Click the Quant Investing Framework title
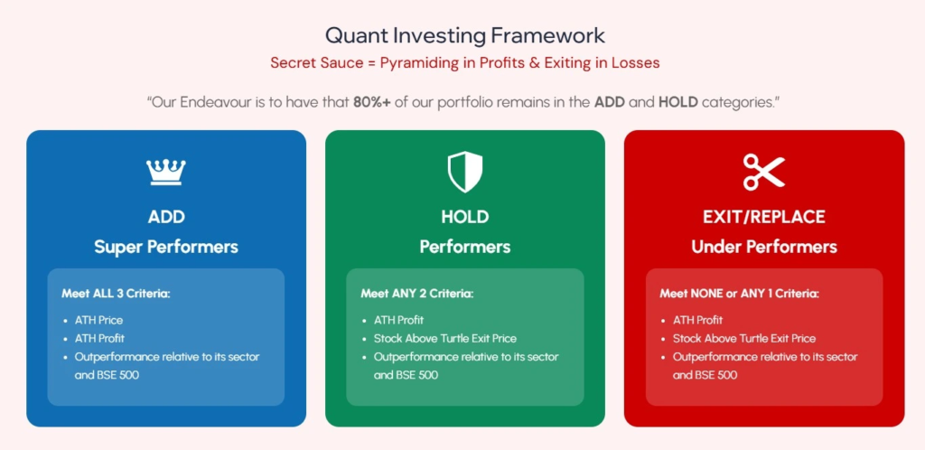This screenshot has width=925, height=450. pyautogui.click(x=465, y=36)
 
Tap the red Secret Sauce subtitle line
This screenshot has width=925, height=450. pyautogui.click(x=465, y=62)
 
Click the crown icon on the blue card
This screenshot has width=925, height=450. pyautogui.click(x=166, y=172)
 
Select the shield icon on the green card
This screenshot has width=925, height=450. pyautogui.click(x=465, y=172)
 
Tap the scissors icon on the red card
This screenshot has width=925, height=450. pyautogui.click(x=764, y=172)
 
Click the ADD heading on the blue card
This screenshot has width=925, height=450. pyautogui.click(x=166, y=217)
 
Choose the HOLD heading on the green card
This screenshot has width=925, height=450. pyautogui.click(x=465, y=217)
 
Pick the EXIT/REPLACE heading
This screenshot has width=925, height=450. pyautogui.click(x=764, y=217)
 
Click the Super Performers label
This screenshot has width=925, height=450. pyautogui.click(x=166, y=247)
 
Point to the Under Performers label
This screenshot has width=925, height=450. pyautogui.click(x=764, y=247)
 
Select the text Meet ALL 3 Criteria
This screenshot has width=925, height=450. pyautogui.click(x=116, y=293)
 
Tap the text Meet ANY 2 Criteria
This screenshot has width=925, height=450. pyautogui.click(x=417, y=293)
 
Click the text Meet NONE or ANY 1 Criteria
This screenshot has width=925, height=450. pyautogui.click(x=739, y=293)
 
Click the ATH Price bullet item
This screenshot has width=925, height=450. pyautogui.click(x=98, y=320)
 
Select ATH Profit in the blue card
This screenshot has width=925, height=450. pyautogui.click(x=99, y=339)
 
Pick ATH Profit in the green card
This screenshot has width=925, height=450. pyautogui.click(x=398, y=320)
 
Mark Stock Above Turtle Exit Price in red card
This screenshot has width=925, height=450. pyautogui.click(x=744, y=339)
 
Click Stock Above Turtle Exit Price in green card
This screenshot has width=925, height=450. pyautogui.click(x=445, y=339)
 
